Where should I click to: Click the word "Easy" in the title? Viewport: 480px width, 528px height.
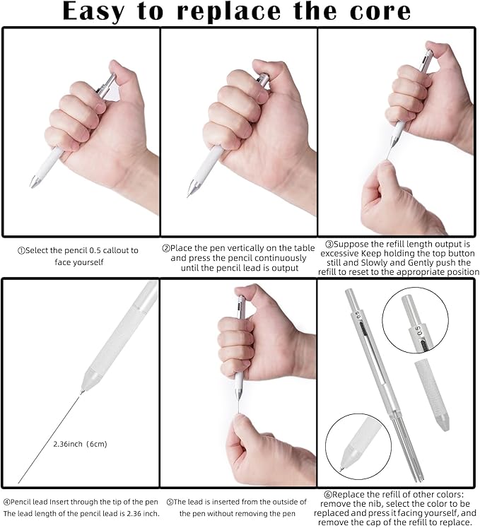pos(93,12)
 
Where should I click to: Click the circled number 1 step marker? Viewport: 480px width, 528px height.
pos(21,250)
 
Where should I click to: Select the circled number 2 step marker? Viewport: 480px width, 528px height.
pos(166,249)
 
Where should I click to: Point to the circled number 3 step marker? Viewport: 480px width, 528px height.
pos(329,244)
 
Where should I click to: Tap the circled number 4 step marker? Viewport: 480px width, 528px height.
pos(7,502)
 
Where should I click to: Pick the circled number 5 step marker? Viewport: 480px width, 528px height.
pos(170,502)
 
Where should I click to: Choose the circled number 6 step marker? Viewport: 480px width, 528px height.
pos(328,495)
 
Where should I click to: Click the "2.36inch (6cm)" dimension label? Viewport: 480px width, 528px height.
pos(80,444)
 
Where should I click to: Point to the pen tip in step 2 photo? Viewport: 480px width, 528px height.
pos(191,189)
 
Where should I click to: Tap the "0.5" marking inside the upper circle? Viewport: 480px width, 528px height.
pos(418,331)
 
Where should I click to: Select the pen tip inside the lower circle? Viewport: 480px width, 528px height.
pos(346,462)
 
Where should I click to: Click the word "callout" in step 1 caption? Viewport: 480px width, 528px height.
pos(116,250)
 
